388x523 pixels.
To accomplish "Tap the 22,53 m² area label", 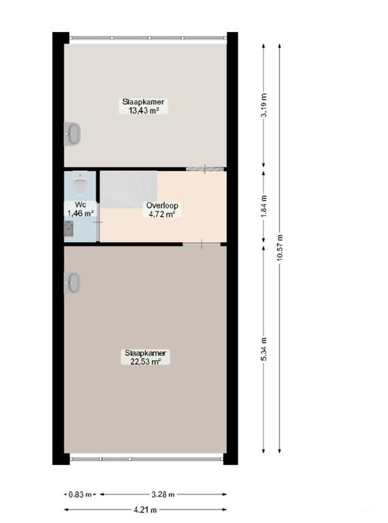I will pos(145,362).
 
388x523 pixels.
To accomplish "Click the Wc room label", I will pos(80,204).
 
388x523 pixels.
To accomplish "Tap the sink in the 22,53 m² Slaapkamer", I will pos(72,281).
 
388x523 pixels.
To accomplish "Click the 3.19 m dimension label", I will pos(264,106).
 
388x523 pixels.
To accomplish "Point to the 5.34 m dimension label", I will pos(264,349).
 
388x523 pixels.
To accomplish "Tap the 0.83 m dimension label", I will pos(76,494).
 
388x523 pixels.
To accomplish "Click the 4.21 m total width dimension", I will pos(145,509).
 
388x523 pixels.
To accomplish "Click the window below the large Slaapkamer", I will pos(148,458).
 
